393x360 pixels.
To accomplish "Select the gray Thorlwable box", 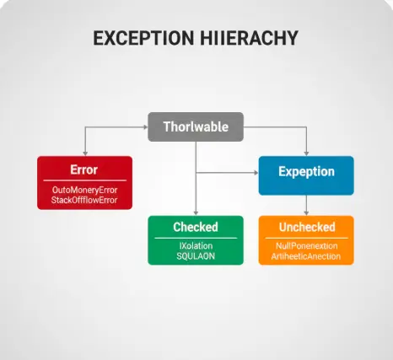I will coord(196,127).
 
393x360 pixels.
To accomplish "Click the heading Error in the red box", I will coord(84,169).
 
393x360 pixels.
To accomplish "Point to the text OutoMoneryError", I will coord(84,190).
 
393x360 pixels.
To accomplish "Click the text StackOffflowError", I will coord(84,201).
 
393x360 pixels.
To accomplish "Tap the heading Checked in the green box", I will coord(196,227).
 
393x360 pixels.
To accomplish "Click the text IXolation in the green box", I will coord(196,246).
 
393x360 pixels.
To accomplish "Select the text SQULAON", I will coord(196,256).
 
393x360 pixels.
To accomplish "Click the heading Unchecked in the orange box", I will coord(306,227).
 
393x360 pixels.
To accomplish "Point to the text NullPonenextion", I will coord(306,246).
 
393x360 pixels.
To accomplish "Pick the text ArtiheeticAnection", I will coord(306,256).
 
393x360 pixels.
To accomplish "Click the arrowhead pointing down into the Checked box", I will coord(196,212).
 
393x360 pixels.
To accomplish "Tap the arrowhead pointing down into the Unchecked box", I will coord(306,212).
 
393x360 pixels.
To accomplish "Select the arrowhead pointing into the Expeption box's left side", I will coord(255,172).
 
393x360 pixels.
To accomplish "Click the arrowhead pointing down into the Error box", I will coord(84,152).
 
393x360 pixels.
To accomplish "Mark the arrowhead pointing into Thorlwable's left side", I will coord(145,128).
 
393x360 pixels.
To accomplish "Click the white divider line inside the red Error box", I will coord(84,180).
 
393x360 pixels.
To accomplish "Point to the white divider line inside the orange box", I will coord(306,237).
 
